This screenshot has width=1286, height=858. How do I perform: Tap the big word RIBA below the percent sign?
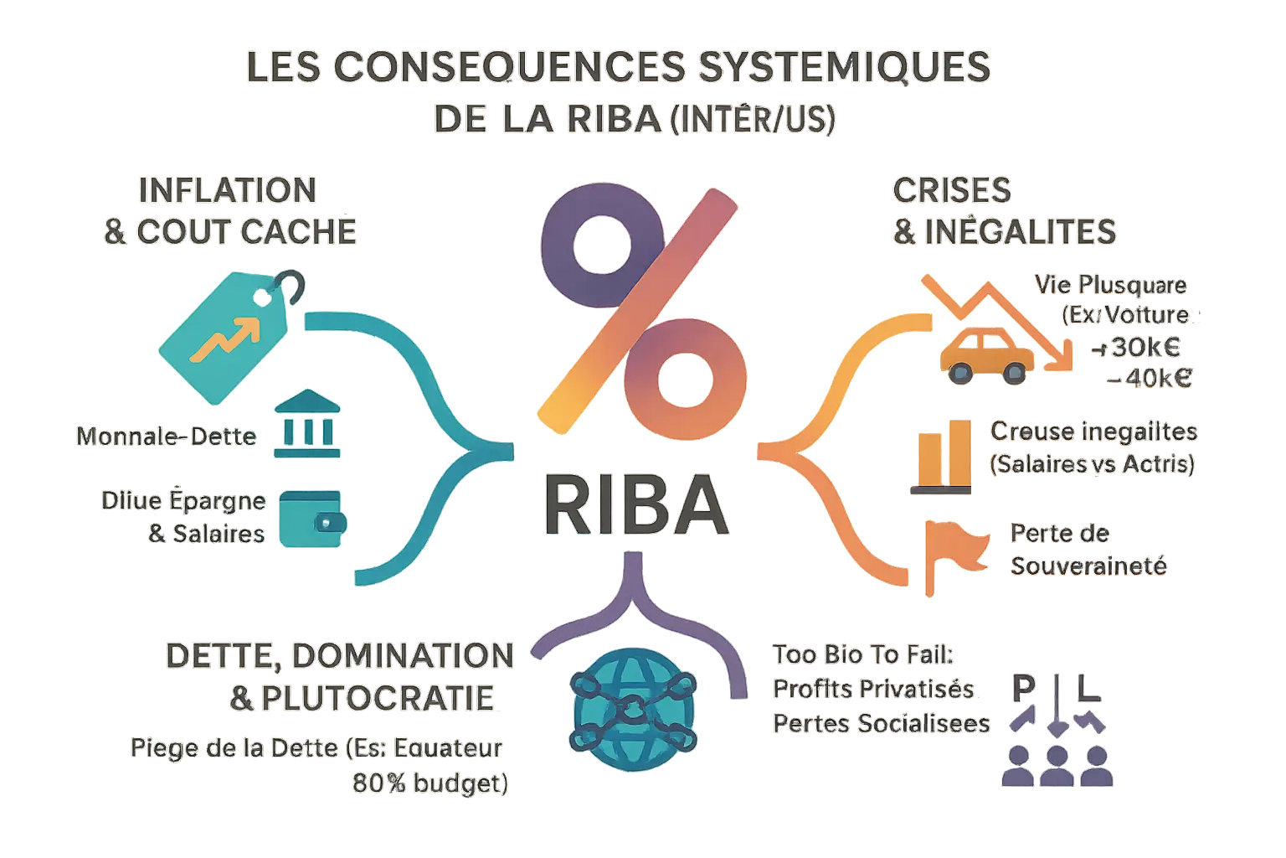pyautogui.click(x=635, y=505)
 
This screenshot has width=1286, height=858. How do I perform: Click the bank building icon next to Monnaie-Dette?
pyautogui.click(x=307, y=424)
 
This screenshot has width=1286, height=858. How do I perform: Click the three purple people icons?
pyautogui.click(x=1057, y=764)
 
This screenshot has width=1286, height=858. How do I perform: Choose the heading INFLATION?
pyautogui.click(x=227, y=190)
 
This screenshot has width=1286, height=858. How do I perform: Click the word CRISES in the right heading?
pyautogui.click(x=952, y=190)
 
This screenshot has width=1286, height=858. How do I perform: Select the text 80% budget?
pyautogui.click(x=430, y=783)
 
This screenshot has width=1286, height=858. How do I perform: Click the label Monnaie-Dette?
pyautogui.click(x=166, y=436)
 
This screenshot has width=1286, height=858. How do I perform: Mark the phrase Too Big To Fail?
pyautogui.click(x=863, y=654)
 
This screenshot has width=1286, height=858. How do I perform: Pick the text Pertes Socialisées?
pyautogui.click(x=881, y=723)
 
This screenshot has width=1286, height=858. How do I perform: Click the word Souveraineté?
pyautogui.click(x=1088, y=566)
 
